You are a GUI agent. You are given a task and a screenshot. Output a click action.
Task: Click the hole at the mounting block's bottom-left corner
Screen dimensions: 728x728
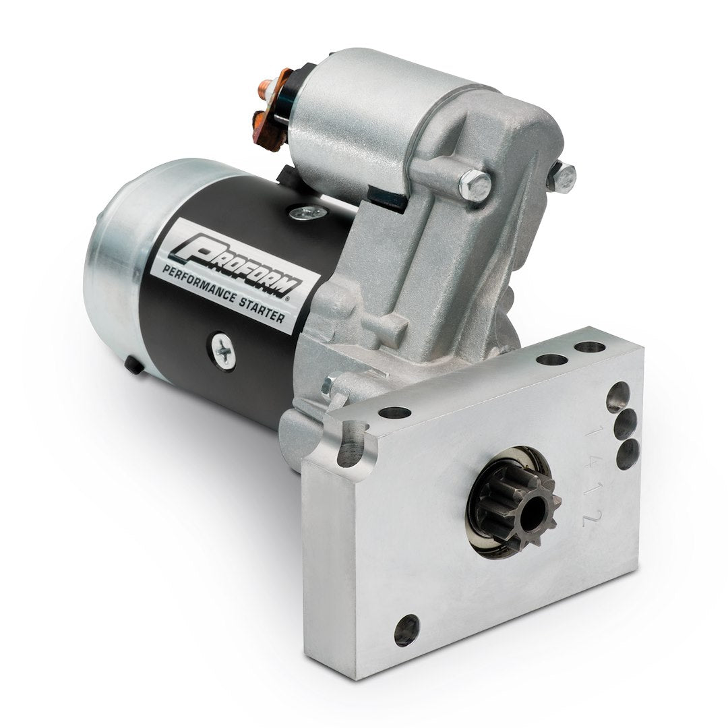[x=406, y=630]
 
